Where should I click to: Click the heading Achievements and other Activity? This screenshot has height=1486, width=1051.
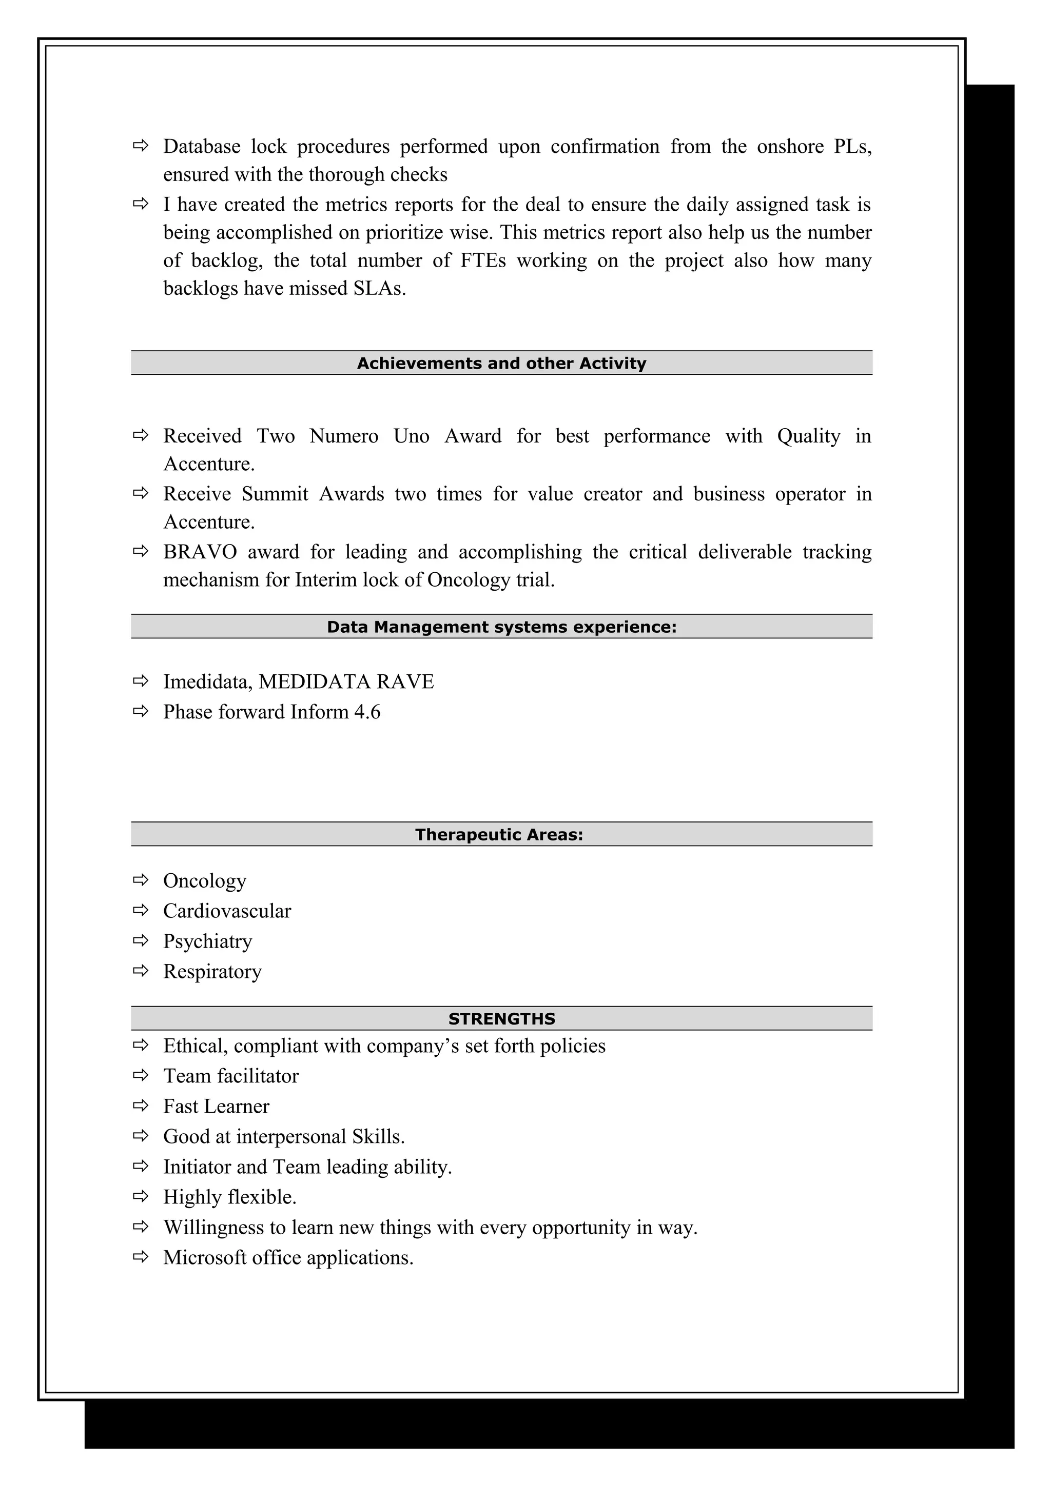pyautogui.click(x=501, y=363)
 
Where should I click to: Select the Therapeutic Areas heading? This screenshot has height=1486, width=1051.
pyautogui.click(x=499, y=834)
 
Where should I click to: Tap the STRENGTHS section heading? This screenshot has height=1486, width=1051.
pyautogui.click(x=501, y=1019)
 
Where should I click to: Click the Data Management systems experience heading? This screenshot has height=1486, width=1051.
pyautogui.click(x=501, y=627)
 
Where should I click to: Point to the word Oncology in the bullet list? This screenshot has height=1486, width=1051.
pyautogui.click(x=205, y=881)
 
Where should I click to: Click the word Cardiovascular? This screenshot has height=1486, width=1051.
pyautogui.click(x=227, y=911)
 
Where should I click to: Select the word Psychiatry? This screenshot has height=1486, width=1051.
pyautogui.click(x=207, y=941)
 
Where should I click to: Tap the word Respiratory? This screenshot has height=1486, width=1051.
pyautogui.click(x=212, y=972)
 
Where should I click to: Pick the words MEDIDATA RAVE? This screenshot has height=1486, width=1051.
pyautogui.click(x=346, y=681)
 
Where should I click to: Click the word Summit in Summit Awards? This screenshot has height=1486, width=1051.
pyautogui.click(x=275, y=494)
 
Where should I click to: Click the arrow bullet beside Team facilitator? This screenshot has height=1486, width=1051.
pyautogui.click(x=141, y=1075)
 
